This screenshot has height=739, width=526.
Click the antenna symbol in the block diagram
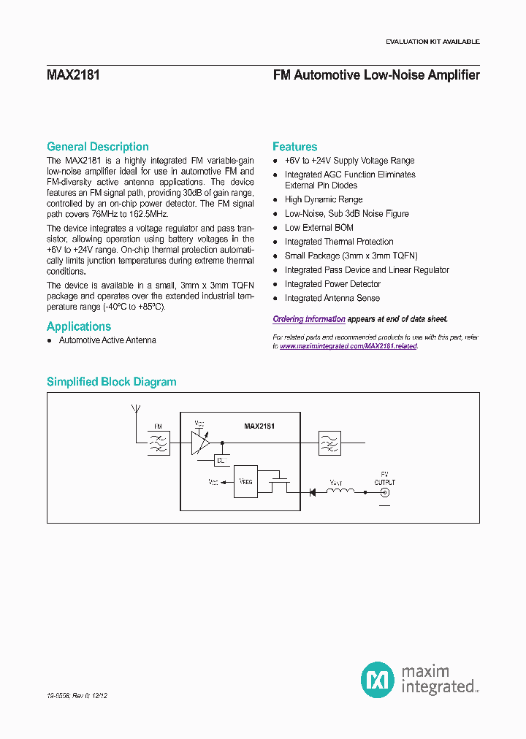[134, 409]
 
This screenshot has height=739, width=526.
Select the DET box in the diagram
[220, 460]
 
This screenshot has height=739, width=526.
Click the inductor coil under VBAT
[340, 491]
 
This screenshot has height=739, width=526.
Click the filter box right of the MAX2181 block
[329, 443]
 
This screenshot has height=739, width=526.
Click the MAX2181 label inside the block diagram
[259, 426]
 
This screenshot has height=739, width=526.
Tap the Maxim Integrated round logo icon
[377, 679]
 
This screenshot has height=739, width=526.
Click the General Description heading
[97, 147]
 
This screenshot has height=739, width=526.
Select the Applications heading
[79, 326]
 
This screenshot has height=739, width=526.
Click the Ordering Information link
[309, 319]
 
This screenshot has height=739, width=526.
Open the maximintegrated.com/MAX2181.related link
[348, 346]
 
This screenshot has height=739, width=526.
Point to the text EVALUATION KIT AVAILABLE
[432, 42]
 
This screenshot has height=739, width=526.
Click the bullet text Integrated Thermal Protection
[339, 242]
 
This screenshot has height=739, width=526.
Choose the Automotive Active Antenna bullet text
[107, 340]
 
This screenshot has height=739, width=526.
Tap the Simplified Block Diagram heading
[111, 382]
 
